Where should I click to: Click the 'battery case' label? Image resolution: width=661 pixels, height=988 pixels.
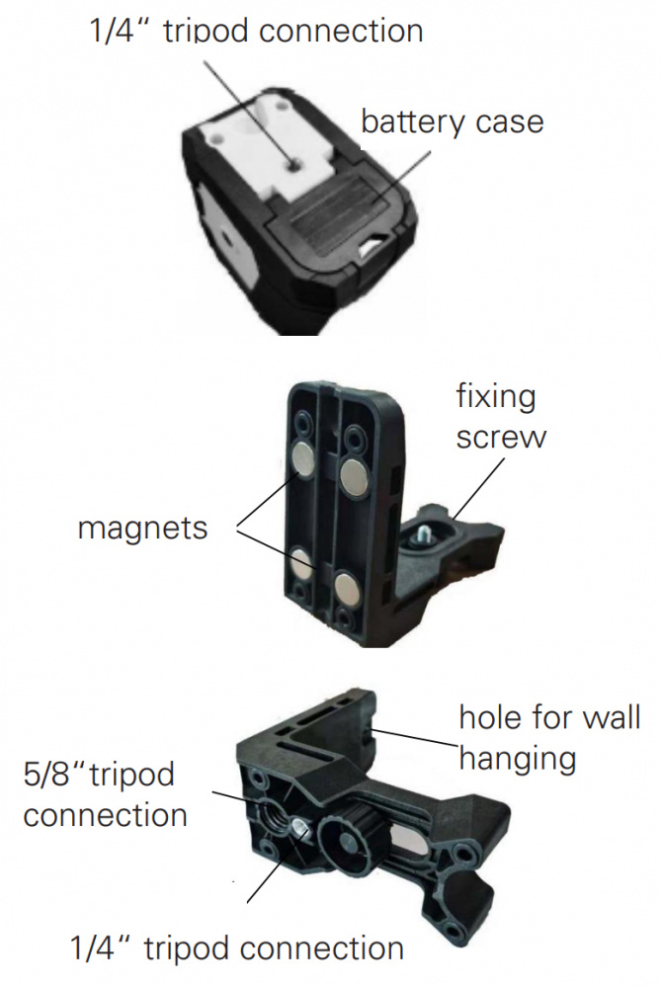pos(452,123)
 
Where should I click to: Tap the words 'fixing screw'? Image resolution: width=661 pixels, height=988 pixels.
pos(501,417)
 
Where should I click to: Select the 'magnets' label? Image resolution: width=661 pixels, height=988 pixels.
pos(142,528)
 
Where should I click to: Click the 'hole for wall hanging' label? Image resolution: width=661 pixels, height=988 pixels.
pos(549,738)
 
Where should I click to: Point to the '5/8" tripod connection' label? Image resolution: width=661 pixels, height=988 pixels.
pos(106,795)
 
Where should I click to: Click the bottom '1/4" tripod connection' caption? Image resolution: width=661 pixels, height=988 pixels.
pos(237,948)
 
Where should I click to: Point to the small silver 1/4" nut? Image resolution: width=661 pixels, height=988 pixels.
pos(300,829)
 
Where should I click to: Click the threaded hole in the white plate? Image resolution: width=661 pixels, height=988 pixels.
pos(294,165)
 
